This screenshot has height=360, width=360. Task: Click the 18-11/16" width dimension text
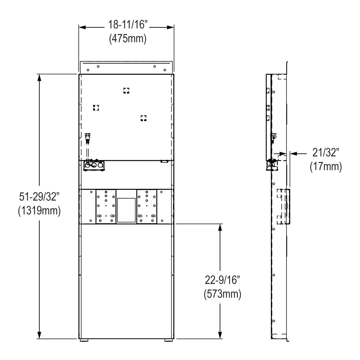126,25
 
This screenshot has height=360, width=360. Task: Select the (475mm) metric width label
127,38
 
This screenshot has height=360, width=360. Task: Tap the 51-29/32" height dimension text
39,197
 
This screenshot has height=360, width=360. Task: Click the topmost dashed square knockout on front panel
126,91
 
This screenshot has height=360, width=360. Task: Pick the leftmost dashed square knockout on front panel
96,108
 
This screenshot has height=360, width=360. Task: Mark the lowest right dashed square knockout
144,118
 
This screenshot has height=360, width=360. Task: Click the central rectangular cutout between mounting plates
126,210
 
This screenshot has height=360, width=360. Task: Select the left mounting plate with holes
106,206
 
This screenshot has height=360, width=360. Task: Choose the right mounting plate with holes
147,206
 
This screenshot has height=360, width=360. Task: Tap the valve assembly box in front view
94,165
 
